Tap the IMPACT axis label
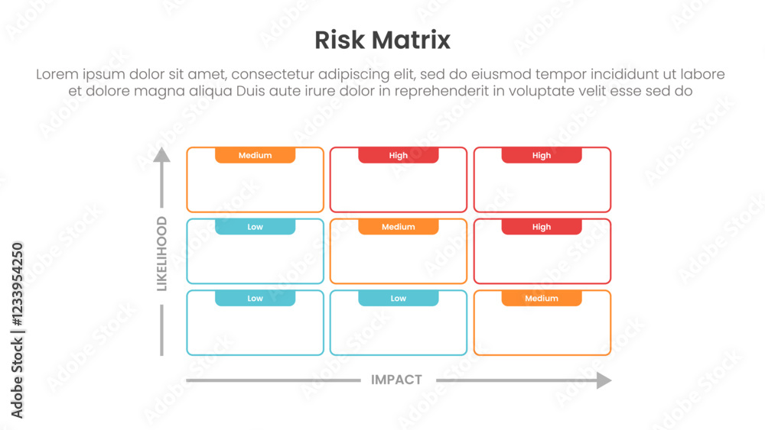coord(396,380)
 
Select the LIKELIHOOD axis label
coord(161,254)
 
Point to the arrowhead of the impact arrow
coord(604,380)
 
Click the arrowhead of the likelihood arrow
coord(161,155)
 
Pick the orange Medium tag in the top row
coord(255,155)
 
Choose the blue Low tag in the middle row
coord(255,227)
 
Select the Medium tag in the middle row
coord(398,227)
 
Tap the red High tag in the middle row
coord(542,227)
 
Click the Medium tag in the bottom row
coord(542,299)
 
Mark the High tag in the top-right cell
coord(542,155)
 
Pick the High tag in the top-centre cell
coord(398,155)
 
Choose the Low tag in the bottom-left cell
coord(255,299)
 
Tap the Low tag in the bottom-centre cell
coord(398,299)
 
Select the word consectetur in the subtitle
coord(275,75)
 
